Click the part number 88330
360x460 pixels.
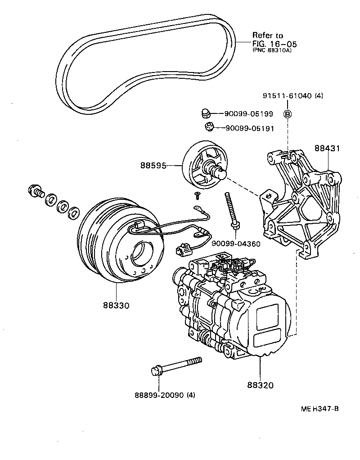[116, 305]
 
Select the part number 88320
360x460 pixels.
[260, 385]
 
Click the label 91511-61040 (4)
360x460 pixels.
[293, 96]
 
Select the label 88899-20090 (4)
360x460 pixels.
[165, 396]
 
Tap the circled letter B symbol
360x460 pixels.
[287, 114]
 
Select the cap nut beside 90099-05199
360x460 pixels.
[206, 113]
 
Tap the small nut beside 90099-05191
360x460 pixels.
[209, 127]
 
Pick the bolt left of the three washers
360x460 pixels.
[35, 191]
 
